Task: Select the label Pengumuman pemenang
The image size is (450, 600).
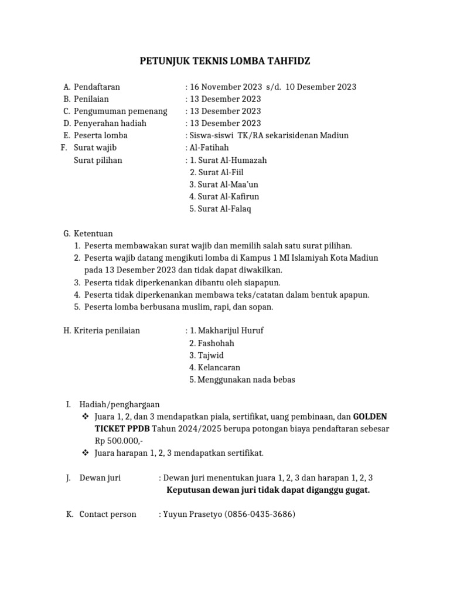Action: pyautogui.click(x=120, y=111)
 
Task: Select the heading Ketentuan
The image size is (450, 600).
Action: pyautogui.click(x=93, y=233)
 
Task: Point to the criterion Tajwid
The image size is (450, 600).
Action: pyautogui.click(x=210, y=355)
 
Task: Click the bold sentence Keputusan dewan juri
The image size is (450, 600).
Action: pyautogui.click(x=268, y=490)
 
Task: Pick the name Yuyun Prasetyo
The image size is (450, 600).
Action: pyautogui.click(x=192, y=514)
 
